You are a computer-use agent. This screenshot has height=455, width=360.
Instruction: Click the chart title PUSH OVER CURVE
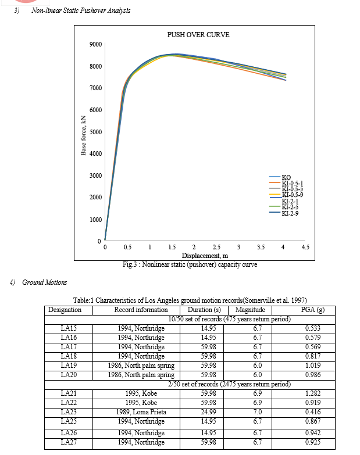[x=198, y=35]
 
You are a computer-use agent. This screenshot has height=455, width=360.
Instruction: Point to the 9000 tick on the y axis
[x=95, y=44]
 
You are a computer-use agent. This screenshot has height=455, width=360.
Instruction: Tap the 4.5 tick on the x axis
[x=305, y=247]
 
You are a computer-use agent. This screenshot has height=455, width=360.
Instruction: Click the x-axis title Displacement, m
[x=205, y=256]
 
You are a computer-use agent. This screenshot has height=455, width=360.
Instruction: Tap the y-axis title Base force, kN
[x=83, y=135]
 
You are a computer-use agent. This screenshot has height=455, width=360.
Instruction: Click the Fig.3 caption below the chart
[x=190, y=264]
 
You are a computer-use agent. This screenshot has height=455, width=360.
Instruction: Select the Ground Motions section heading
[x=44, y=282]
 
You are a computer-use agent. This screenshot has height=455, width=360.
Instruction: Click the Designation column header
[x=65, y=310]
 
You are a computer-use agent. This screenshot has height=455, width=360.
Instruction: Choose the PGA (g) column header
[x=313, y=310]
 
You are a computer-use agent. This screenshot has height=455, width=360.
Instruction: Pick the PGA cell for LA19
[x=313, y=366]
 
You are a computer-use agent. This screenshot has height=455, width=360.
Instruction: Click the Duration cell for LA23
[x=208, y=412]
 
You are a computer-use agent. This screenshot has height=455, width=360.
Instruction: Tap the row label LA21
[x=69, y=393]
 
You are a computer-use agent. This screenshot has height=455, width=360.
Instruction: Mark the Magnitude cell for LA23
[x=258, y=412]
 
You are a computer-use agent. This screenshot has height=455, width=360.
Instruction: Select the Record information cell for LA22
[x=141, y=403]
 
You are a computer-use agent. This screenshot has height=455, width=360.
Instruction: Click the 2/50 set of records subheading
[x=229, y=384]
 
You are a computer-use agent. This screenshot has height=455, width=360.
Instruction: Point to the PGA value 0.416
[x=313, y=412]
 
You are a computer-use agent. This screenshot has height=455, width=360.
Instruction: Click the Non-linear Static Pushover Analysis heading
[x=81, y=10]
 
